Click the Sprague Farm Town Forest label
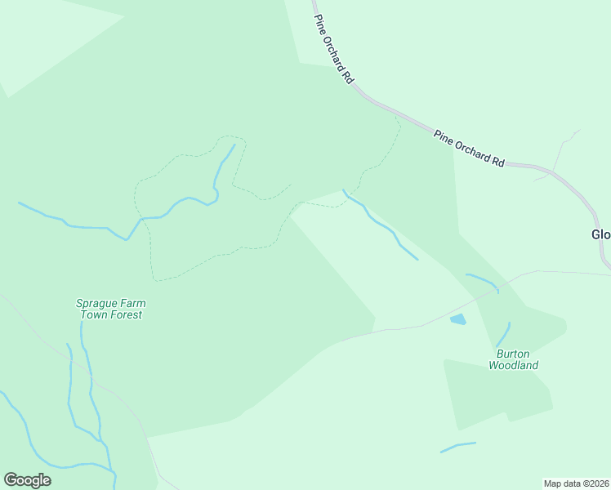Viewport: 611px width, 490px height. point(110,309)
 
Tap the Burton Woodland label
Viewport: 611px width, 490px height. point(513,359)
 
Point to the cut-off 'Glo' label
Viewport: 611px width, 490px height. point(600,234)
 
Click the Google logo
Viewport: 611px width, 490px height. point(27,480)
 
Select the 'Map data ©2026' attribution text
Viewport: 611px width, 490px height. point(577,483)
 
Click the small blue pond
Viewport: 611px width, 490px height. point(457,319)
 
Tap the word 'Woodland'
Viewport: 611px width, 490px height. point(513,365)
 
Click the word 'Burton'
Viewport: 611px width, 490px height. point(514,354)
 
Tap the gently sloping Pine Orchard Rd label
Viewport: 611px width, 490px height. point(469,148)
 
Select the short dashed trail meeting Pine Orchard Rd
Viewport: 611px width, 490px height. point(384,155)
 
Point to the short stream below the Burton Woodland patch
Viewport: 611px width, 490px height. point(457,447)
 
